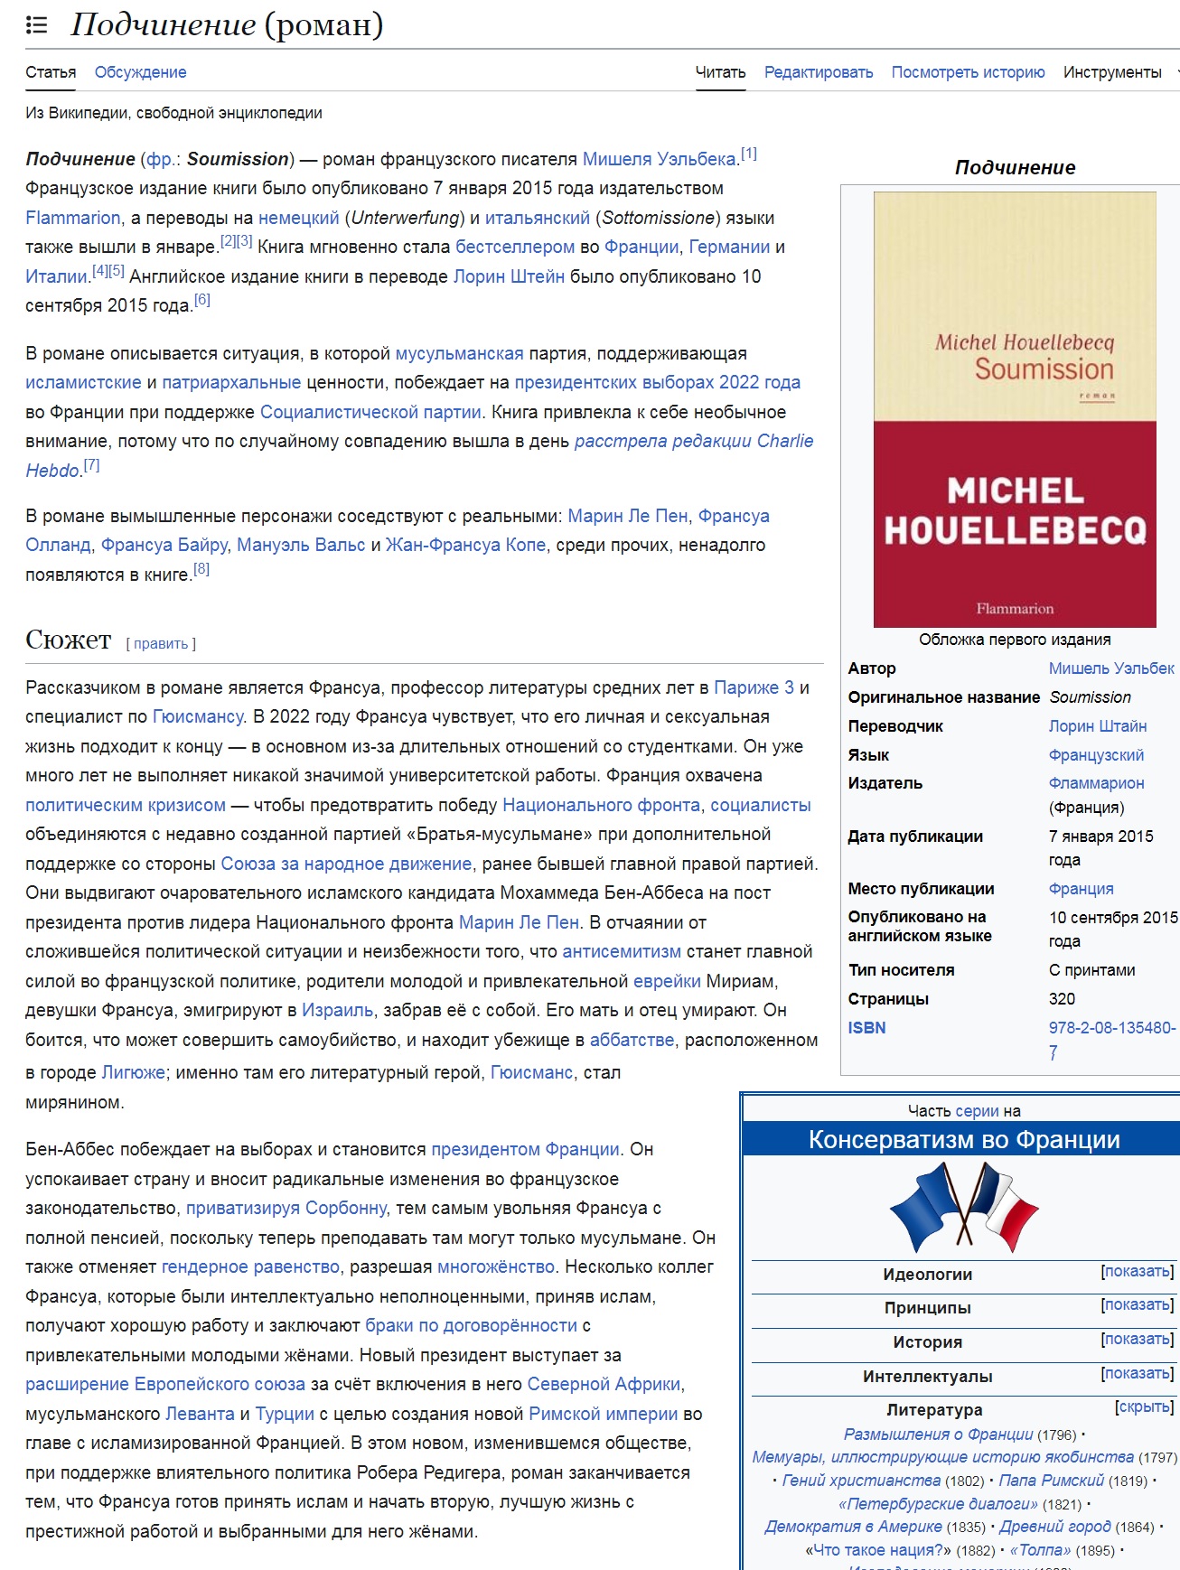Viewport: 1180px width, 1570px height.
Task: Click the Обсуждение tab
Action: (140, 72)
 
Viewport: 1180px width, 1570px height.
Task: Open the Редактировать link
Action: (818, 72)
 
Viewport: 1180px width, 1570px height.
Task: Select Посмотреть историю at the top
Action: (968, 72)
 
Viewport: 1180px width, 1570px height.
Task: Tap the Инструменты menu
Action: (1112, 72)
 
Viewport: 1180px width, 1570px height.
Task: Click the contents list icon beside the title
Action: (36, 24)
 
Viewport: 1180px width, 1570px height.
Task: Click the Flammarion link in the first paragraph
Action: (72, 218)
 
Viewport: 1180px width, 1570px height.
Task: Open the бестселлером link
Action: (514, 247)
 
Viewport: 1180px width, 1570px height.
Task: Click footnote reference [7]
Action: (92, 466)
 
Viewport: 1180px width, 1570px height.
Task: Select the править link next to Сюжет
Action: (161, 643)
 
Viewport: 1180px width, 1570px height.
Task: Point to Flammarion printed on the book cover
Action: (1015, 609)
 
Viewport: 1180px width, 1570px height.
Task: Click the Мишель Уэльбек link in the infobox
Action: (1110, 668)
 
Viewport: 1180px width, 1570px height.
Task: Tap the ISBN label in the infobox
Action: (866, 1028)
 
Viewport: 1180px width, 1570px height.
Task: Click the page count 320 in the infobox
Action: (1062, 999)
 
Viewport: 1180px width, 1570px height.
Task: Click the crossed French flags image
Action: (964, 1207)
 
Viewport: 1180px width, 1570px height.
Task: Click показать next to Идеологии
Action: (1138, 1272)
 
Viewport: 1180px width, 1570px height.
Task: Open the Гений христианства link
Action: (860, 1481)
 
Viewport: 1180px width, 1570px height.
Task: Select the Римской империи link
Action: (603, 1414)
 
